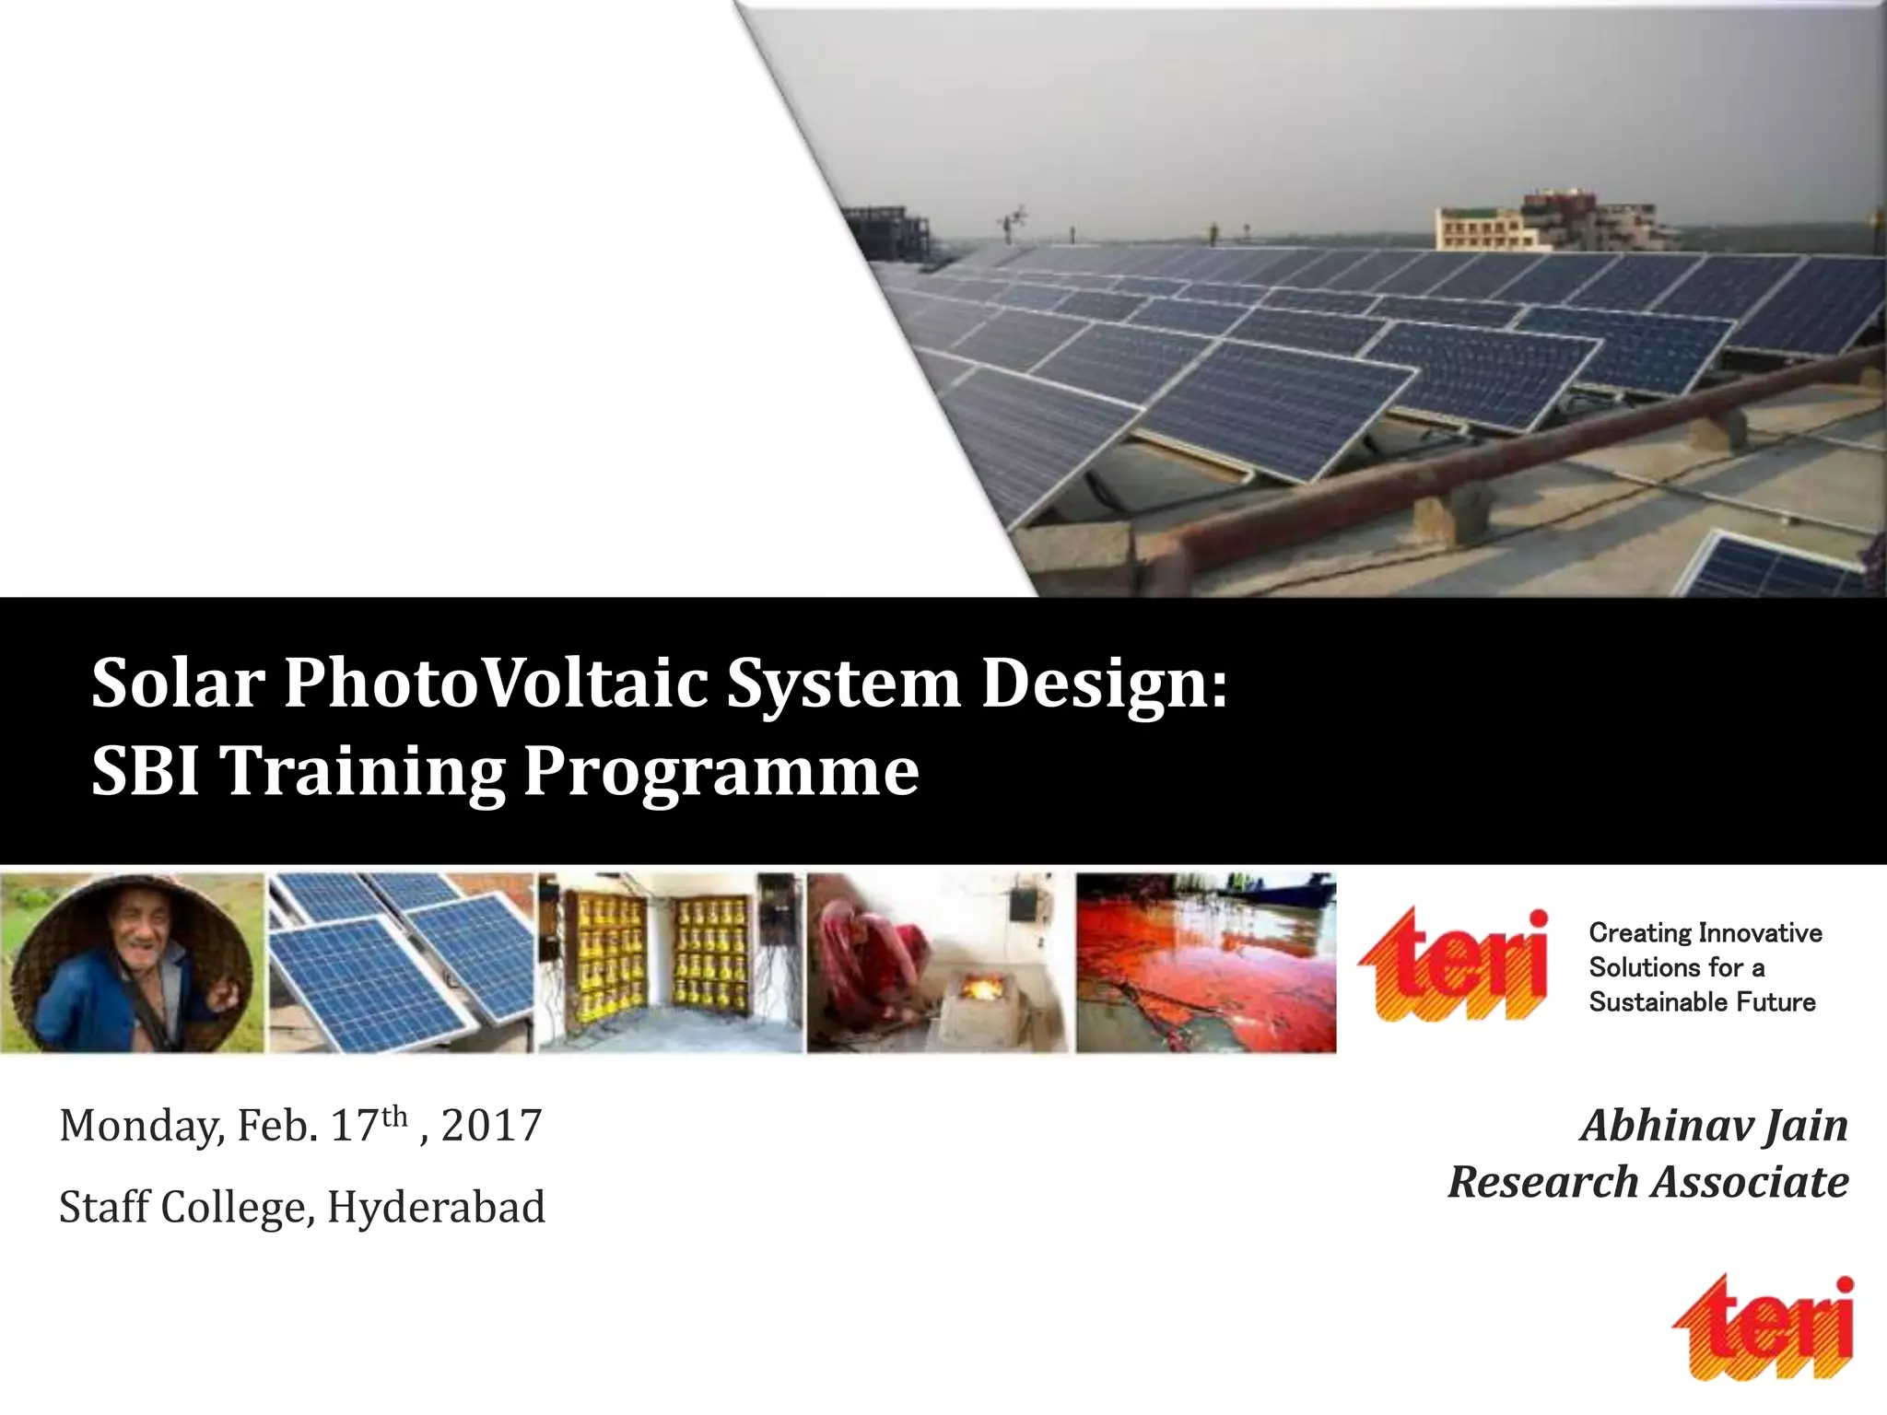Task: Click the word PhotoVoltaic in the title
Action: coord(496,684)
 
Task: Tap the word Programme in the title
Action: coord(721,772)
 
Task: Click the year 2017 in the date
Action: coord(491,1126)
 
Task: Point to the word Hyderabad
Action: coord(436,1207)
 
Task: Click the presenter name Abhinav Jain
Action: coord(1715,1126)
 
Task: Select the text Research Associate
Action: coord(1648,1182)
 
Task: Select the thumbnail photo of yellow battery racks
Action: coord(670,963)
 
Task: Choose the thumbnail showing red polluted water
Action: coord(1205,963)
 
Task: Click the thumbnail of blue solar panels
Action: coord(401,963)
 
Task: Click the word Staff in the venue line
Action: coord(104,1207)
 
